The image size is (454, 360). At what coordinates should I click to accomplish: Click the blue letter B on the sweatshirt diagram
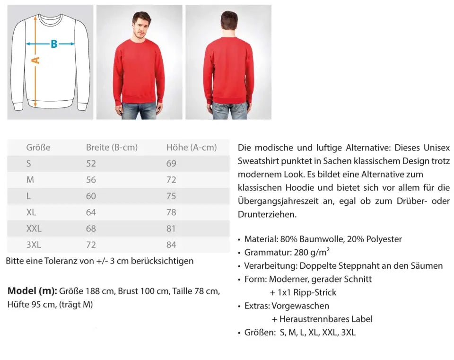click(x=54, y=44)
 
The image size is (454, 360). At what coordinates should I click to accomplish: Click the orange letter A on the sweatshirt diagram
click(x=36, y=60)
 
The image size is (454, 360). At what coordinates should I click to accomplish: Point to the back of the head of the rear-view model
click(x=229, y=21)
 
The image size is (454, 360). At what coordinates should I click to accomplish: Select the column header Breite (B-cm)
click(x=112, y=148)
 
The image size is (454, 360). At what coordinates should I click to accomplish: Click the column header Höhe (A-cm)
click(x=191, y=148)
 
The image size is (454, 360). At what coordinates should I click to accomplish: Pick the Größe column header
click(x=38, y=148)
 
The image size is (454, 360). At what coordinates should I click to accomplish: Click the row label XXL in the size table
click(x=34, y=228)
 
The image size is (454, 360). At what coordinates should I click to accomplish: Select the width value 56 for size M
click(x=91, y=180)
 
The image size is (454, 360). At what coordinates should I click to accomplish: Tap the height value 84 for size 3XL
click(x=171, y=245)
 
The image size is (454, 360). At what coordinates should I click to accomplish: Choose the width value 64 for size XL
click(x=91, y=212)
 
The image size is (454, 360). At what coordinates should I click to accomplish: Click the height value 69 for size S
click(x=171, y=164)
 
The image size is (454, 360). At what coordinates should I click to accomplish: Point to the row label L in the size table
click(x=29, y=196)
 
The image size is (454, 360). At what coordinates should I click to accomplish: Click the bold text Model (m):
click(x=32, y=290)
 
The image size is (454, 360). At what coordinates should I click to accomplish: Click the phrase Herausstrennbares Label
click(x=326, y=319)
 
